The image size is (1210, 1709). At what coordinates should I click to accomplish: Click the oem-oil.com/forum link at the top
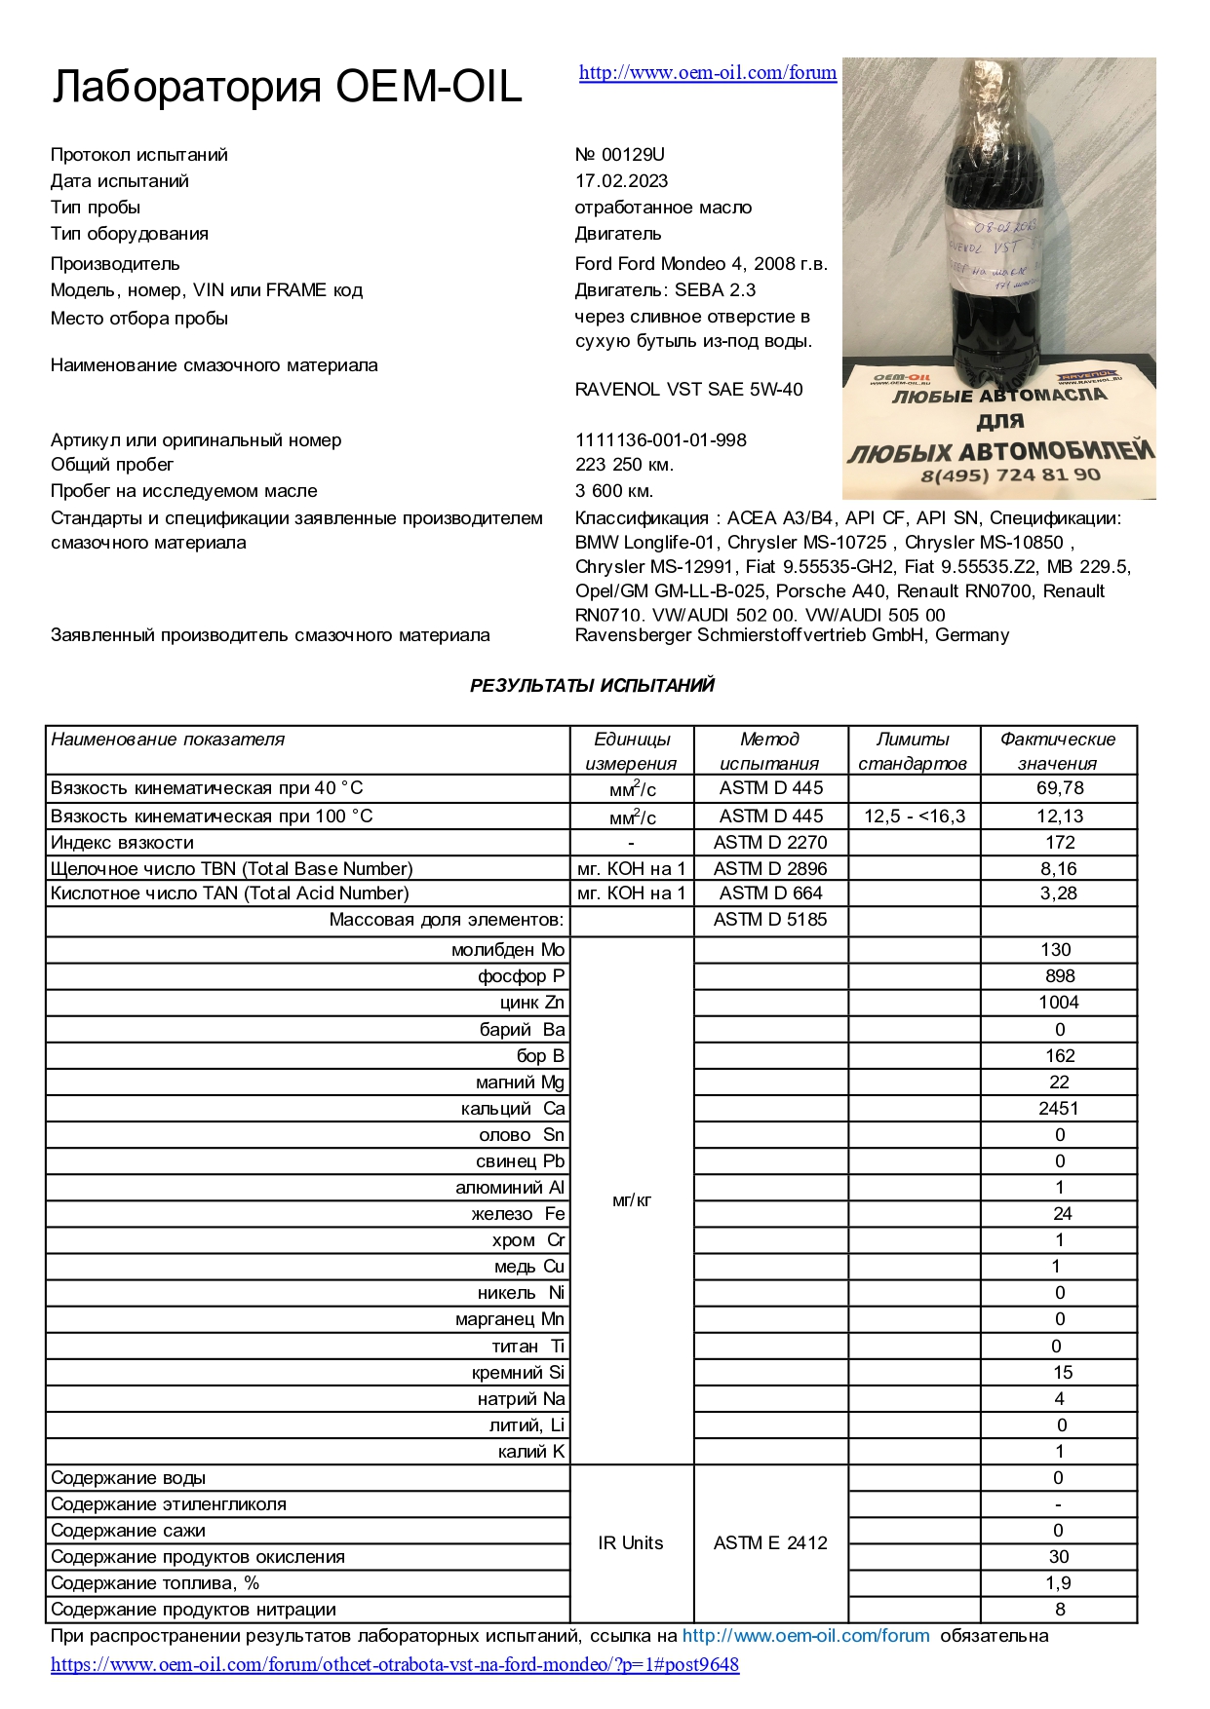(707, 72)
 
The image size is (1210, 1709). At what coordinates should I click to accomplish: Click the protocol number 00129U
(620, 155)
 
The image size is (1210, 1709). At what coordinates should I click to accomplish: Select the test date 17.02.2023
(621, 181)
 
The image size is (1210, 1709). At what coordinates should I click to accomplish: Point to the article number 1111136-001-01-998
(660, 440)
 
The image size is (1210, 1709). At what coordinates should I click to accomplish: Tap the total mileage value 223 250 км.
(624, 465)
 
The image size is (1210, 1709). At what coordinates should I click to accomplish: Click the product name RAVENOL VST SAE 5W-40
(688, 390)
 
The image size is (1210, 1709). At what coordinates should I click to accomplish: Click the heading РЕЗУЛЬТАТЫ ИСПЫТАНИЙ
(592, 686)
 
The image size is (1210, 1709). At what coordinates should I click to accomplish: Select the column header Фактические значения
(1057, 751)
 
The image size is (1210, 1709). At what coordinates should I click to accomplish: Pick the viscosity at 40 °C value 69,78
(1059, 788)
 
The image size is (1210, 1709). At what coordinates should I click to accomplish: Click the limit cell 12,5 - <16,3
(913, 817)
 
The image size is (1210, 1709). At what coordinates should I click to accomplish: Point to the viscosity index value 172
(1059, 843)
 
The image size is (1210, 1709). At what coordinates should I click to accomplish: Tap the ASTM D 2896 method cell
(769, 869)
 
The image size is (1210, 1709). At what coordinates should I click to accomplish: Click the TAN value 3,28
(1059, 893)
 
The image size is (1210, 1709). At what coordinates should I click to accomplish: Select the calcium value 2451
(1058, 1109)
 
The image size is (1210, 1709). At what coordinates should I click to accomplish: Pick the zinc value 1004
(1058, 1003)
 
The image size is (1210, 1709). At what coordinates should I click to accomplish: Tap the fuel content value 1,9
(1059, 1583)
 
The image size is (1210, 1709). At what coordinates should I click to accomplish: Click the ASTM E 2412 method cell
(769, 1543)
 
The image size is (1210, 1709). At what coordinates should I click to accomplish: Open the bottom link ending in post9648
(395, 1664)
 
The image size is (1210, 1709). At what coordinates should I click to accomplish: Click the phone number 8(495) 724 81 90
(1010, 475)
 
